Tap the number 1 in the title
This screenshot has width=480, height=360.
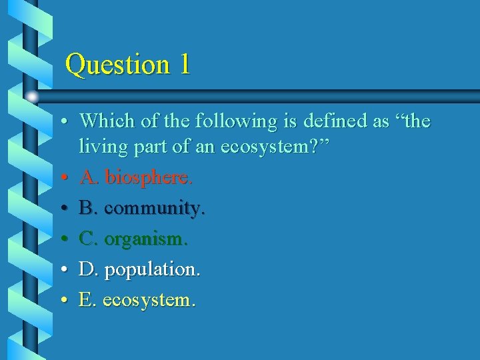184,65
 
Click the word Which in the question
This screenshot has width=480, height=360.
106,121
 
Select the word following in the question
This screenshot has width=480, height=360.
229,121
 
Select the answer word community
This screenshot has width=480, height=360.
155,208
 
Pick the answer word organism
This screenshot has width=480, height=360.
146,239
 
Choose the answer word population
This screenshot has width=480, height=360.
153,270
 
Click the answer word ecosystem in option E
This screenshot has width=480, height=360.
149,301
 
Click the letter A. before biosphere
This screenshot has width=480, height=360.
89,177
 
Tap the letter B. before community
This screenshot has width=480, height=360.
88,208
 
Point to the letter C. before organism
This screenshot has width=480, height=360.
88,239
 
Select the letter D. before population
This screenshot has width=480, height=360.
89,270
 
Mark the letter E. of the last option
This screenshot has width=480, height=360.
87,301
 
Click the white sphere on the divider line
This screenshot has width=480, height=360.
32,97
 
